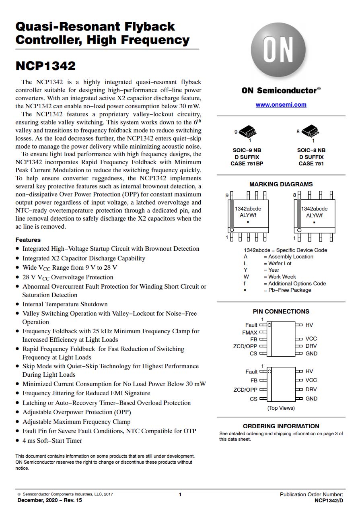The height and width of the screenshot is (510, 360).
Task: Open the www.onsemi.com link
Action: point(281,105)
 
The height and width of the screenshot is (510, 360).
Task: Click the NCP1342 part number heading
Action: point(45,66)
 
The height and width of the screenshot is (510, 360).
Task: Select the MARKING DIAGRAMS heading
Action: point(281,184)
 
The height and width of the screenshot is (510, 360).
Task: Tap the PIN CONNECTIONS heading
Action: point(281,312)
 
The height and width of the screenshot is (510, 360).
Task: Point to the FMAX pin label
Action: point(249,332)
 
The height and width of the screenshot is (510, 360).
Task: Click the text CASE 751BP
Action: point(247,164)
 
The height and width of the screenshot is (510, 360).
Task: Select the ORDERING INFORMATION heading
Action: point(281,426)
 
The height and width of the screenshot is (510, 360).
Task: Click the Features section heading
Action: point(28,240)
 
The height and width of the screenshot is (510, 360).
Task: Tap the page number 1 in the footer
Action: point(180,495)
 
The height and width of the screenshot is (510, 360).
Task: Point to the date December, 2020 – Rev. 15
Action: point(49,500)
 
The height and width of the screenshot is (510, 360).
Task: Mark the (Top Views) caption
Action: point(281,408)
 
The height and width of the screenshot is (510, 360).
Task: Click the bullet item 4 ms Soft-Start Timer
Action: point(52,441)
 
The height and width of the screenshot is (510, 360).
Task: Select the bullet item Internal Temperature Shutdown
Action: point(65,304)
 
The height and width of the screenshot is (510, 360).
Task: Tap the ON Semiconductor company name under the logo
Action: point(279,91)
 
